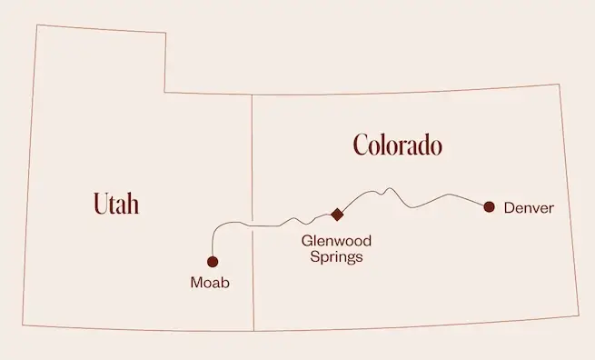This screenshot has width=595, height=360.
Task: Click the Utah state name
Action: pos(115,204)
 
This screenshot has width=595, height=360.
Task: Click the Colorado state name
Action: pos(397,145)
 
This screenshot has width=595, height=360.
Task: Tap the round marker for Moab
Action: pos(213,262)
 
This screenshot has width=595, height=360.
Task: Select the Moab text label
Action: pos(210,283)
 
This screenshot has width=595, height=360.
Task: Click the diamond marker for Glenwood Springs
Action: pos(337,215)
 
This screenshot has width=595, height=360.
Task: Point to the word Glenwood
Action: pos(336,241)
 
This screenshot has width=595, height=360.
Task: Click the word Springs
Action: pos(336,257)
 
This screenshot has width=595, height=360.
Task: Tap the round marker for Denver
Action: pos(489,207)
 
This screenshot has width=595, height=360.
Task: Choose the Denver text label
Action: pos(528,208)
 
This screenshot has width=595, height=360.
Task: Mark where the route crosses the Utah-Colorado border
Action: pos(252,225)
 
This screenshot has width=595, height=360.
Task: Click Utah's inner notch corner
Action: pos(165,92)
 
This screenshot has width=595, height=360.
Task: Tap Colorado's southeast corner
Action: pos(578,315)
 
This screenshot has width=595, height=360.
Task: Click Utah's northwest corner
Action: pos(35,25)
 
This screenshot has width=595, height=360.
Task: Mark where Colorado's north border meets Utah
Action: pos(252,95)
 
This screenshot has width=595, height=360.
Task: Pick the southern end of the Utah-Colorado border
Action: pos(253,330)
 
